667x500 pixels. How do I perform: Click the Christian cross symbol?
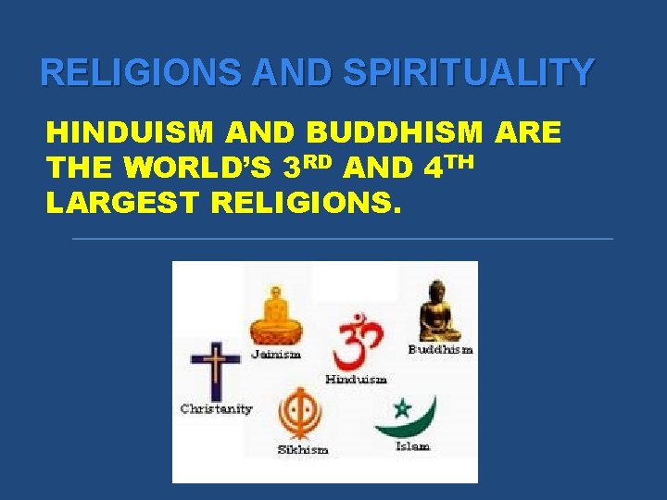pyautogui.click(x=215, y=369)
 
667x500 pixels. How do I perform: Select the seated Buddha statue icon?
pyautogui.click(x=438, y=313)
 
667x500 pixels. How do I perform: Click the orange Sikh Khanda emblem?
pyautogui.click(x=301, y=413)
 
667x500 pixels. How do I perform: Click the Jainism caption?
pyautogui.click(x=276, y=355)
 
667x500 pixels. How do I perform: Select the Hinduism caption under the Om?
pyautogui.click(x=356, y=379)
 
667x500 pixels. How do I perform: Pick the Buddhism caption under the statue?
pyautogui.click(x=441, y=349)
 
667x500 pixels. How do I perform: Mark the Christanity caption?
pyautogui.click(x=216, y=408)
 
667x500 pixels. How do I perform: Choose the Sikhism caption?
pyautogui.click(x=302, y=449)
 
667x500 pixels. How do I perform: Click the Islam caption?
pyautogui.click(x=412, y=446)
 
